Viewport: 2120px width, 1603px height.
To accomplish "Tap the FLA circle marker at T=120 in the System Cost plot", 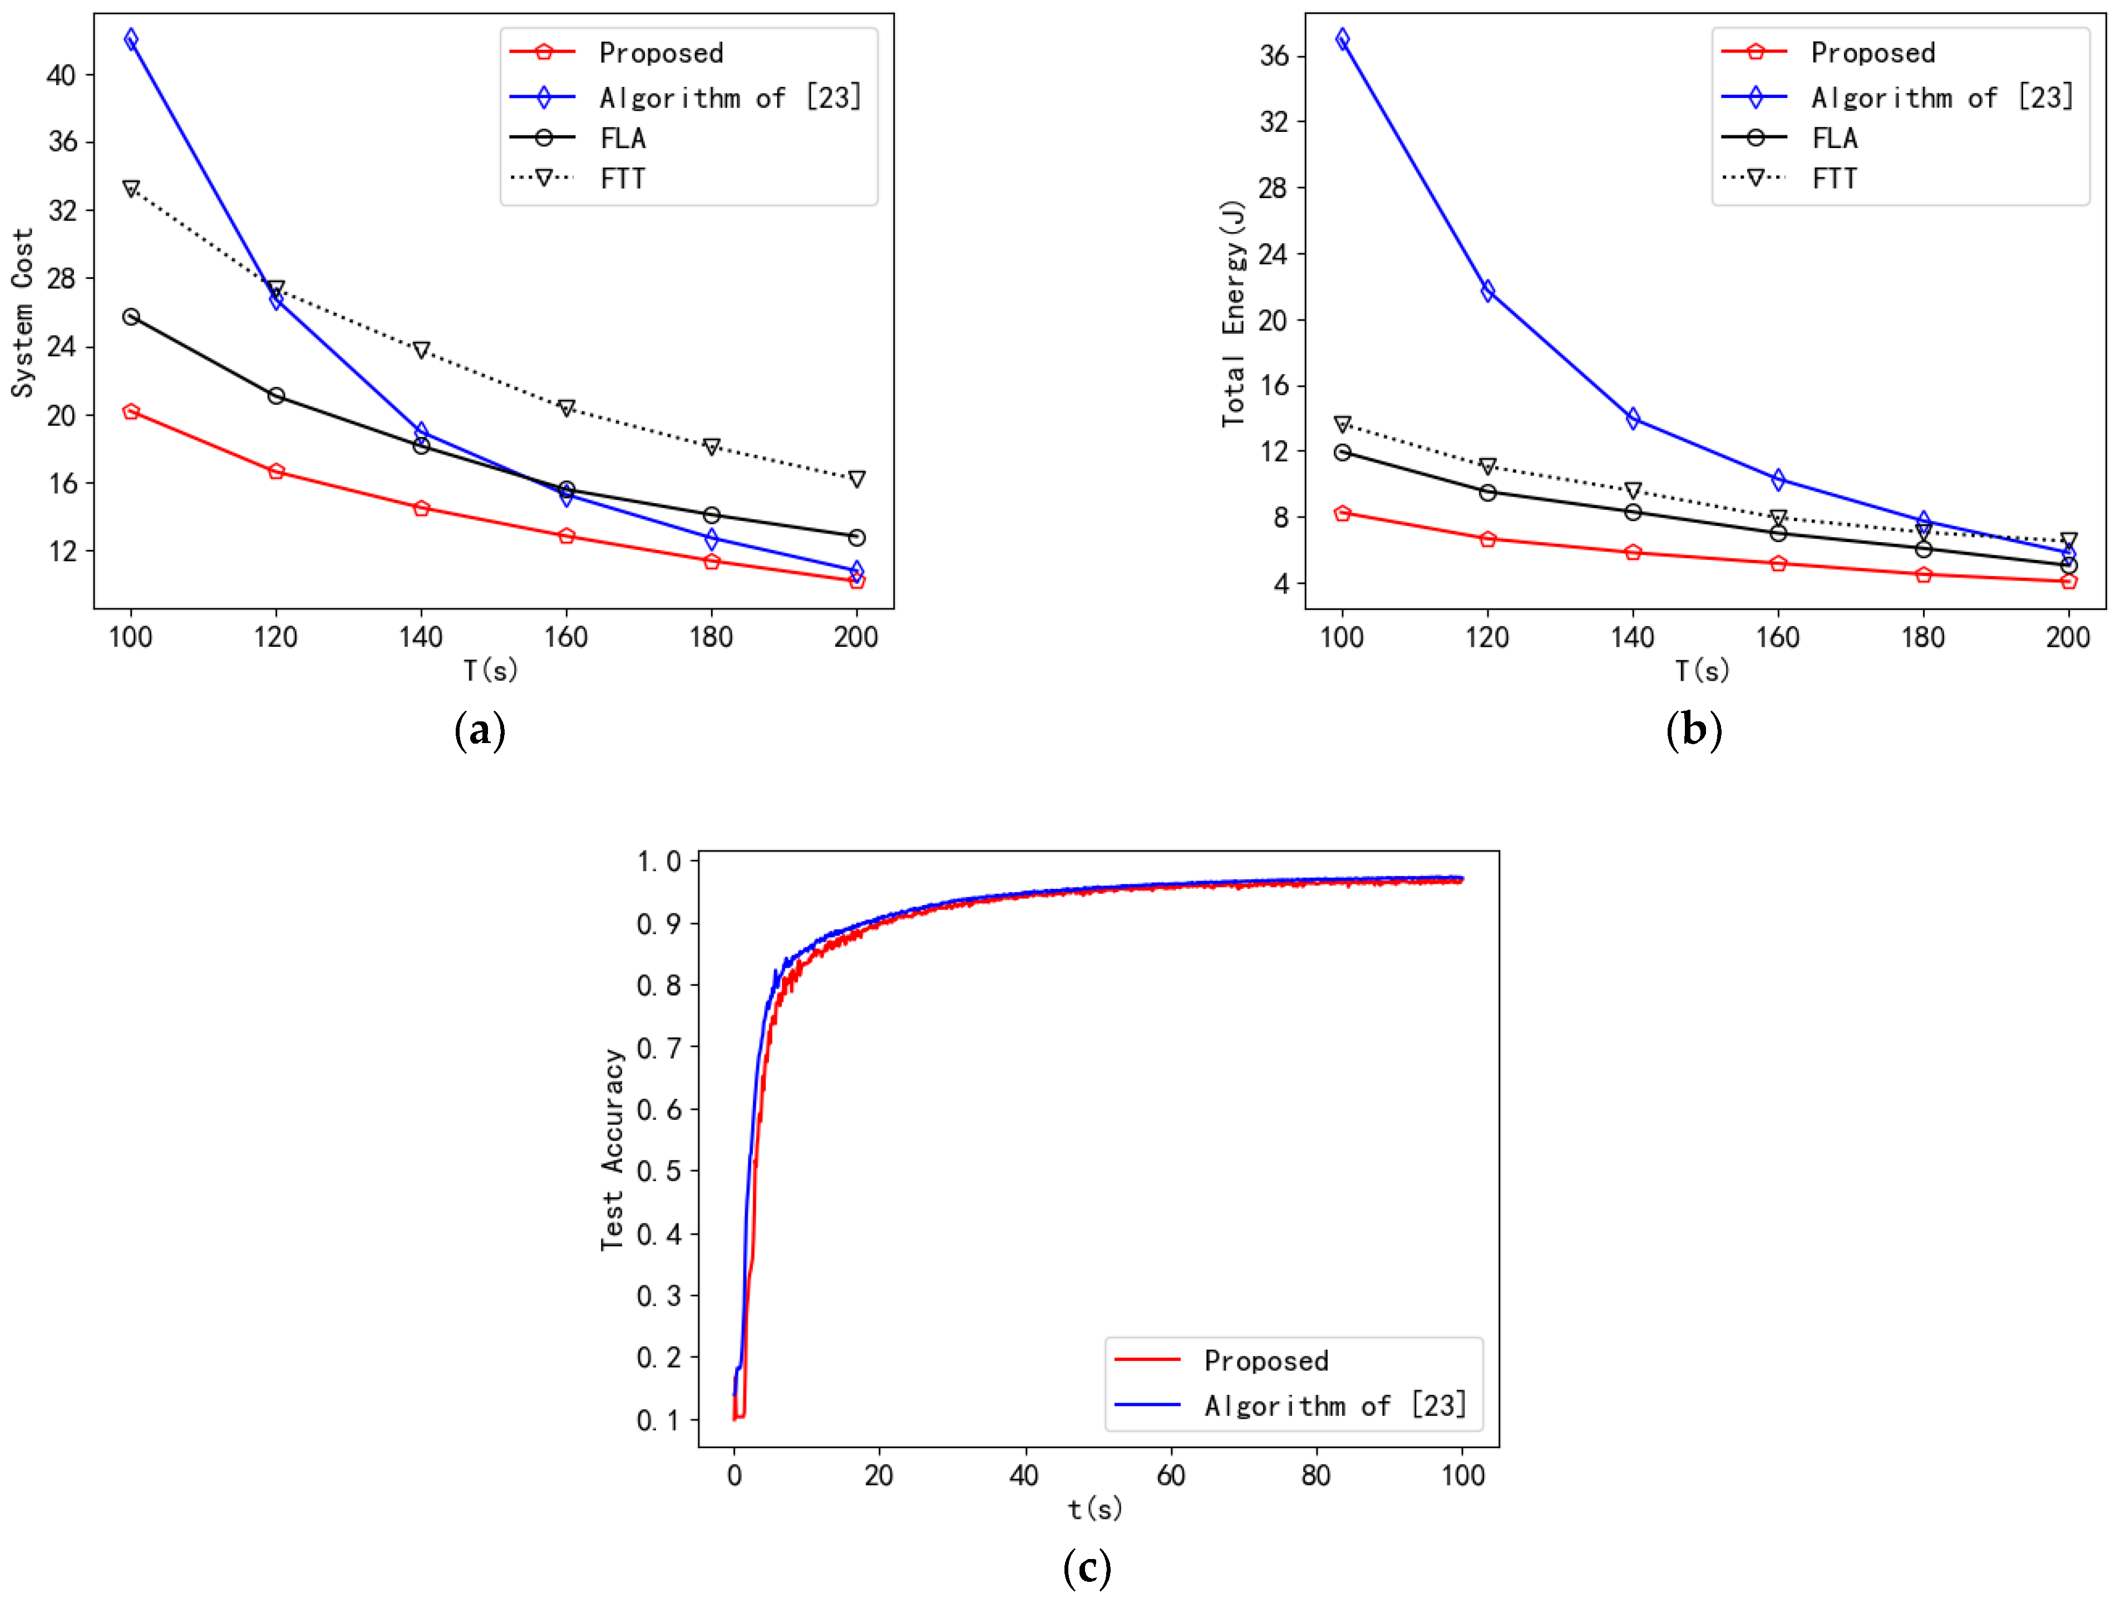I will tap(276, 396).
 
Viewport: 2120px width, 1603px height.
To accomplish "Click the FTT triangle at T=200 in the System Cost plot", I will tap(857, 479).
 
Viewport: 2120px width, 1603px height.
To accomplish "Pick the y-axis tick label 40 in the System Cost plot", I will tap(61, 75).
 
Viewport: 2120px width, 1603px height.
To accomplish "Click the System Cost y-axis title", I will tap(22, 313).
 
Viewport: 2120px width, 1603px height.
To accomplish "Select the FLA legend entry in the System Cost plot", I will tap(623, 138).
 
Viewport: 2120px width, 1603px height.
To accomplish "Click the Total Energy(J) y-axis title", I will tap(1234, 313).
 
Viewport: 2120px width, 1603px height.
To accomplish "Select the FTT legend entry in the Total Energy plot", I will tap(1835, 178).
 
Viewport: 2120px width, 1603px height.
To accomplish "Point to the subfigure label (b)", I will tap(1694, 731).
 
